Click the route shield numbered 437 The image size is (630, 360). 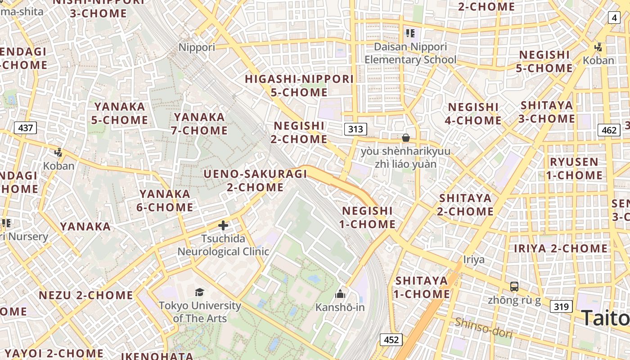[25, 128]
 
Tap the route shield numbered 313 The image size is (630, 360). [355, 130]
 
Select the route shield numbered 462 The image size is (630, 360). [609, 130]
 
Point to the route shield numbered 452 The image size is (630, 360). [391, 339]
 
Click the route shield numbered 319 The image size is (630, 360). [561, 307]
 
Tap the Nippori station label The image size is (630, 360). [197, 47]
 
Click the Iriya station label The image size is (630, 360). [474, 259]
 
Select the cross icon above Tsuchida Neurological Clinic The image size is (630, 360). [223, 225]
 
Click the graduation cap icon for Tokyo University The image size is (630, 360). [199, 292]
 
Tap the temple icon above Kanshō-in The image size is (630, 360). [340, 294]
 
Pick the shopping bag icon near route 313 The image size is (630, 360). [406, 138]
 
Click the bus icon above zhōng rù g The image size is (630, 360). [514, 286]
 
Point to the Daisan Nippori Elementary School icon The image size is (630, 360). [410, 33]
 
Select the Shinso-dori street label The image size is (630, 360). [483, 327]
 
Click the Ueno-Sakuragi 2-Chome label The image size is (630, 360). [255, 180]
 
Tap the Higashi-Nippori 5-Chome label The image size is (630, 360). [299, 85]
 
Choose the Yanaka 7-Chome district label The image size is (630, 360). [199, 124]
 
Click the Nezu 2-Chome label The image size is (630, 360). [86, 295]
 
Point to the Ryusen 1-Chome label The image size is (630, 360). [574, 168]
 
